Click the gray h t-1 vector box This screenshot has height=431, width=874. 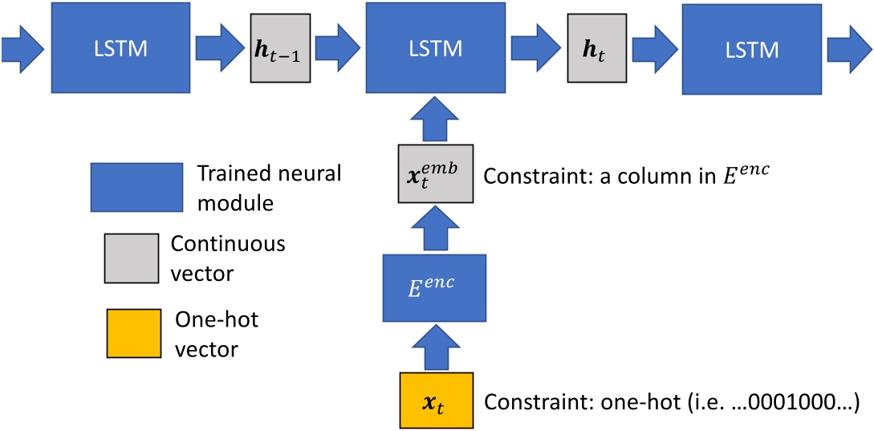(x=279, y=49)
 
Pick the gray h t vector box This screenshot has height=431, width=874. (x=598, y=49)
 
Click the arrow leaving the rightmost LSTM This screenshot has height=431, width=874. (x=849, y=49)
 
